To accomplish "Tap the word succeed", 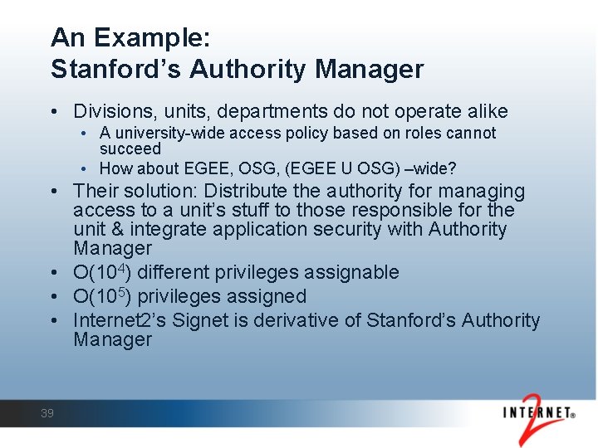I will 130,149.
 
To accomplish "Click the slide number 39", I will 47,413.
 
